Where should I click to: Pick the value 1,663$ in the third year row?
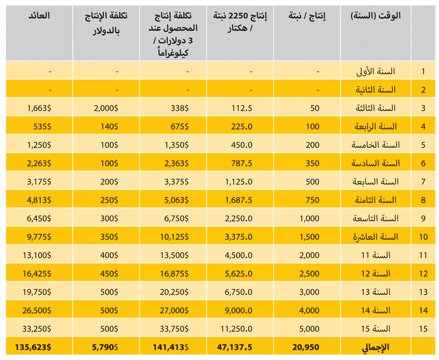tap(38, 108)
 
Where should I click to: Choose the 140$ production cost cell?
tap(109, 126)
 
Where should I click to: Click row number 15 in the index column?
tap(423, 328)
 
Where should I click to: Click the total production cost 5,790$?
tap(106, 347)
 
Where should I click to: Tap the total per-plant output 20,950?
tap(306, 347)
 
